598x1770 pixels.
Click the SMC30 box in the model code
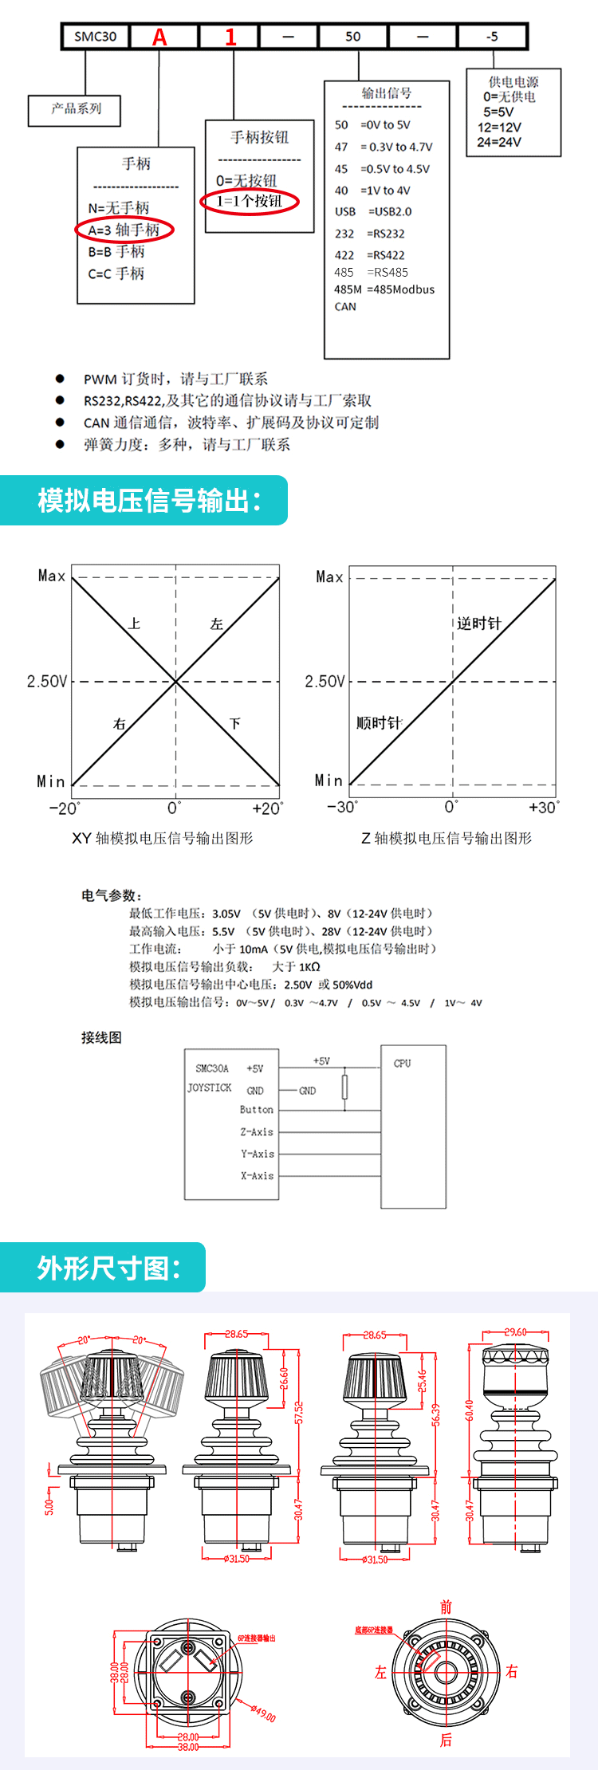96,37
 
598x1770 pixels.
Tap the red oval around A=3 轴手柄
124,230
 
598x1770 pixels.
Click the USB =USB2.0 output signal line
373,212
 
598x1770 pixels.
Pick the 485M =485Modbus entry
384,289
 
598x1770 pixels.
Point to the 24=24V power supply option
499,143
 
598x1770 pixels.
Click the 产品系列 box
75,109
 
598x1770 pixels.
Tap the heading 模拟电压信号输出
149,501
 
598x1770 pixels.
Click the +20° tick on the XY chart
267,808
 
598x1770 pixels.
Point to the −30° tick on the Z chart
343,807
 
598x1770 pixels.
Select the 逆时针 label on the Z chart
478,623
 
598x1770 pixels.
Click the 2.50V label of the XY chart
47,682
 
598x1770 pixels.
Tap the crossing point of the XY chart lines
176,682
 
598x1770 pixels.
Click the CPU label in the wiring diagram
403,1064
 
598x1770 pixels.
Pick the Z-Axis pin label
257,1132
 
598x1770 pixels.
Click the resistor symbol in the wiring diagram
345,1087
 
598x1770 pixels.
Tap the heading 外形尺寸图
108,1268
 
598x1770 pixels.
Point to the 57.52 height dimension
299,1412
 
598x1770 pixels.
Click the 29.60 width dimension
515,1332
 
